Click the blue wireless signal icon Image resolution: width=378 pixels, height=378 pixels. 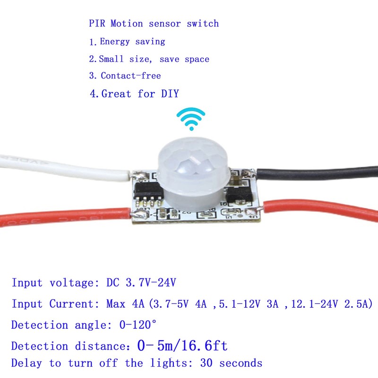(191, 119)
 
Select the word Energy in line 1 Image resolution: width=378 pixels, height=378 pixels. (115, 42)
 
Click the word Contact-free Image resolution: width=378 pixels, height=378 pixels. (131, 76)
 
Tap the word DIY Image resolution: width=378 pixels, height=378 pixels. (169, 94)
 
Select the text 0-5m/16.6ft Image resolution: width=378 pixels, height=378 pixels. (182, 346)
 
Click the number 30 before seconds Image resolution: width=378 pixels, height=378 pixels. (206, 363)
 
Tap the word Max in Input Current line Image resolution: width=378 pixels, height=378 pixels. (118, 304)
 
